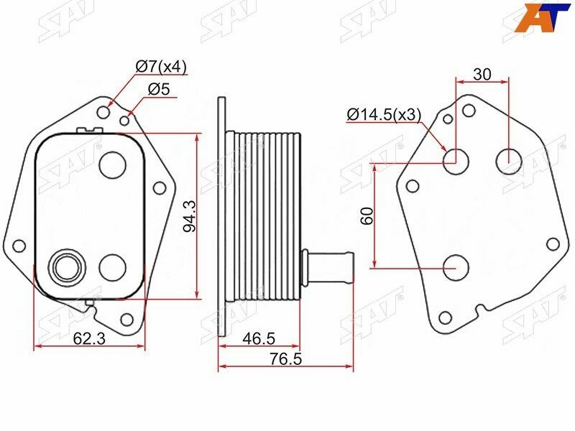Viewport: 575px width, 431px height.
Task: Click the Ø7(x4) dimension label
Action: (x=161, y=68)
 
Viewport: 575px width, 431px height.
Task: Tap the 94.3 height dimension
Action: (x=189, y=216)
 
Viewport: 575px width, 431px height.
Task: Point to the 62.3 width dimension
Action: (x=89, y=338)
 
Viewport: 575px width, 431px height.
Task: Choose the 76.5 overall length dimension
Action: (x=286, y=358)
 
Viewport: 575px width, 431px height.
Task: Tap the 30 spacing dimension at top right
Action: (x=482, y=73)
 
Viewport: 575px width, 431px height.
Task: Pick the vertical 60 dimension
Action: (x=367, y=216)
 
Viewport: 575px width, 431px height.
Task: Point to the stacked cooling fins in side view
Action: (x=266, y=216)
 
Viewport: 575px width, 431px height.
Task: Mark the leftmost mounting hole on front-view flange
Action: (x=19, y=246)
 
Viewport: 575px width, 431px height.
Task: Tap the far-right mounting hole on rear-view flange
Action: (x=553, y=244)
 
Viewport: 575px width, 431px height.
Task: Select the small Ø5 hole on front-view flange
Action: (x=124, y=120)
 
